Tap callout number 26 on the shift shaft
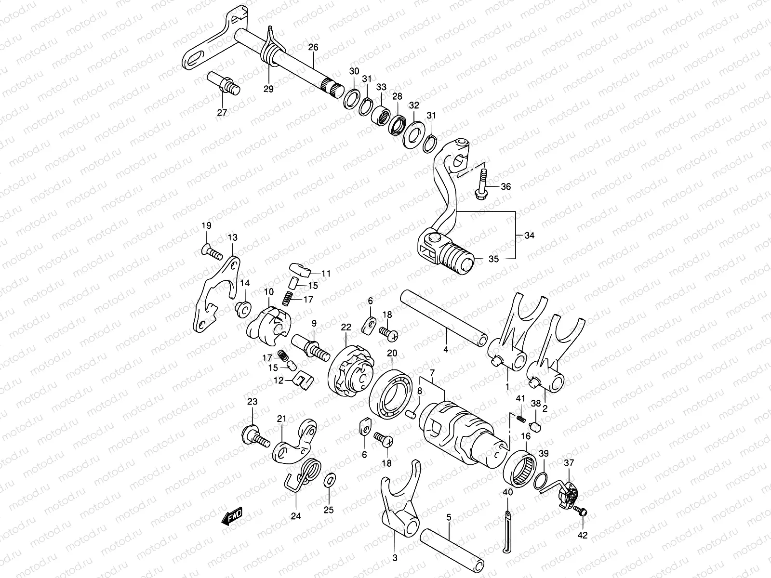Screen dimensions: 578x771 (x=313, y=48)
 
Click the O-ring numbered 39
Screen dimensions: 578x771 (x=541, y=480)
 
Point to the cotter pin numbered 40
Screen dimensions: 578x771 (x=507, y=530)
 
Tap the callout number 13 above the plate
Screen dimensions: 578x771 (x=233, y=237)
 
